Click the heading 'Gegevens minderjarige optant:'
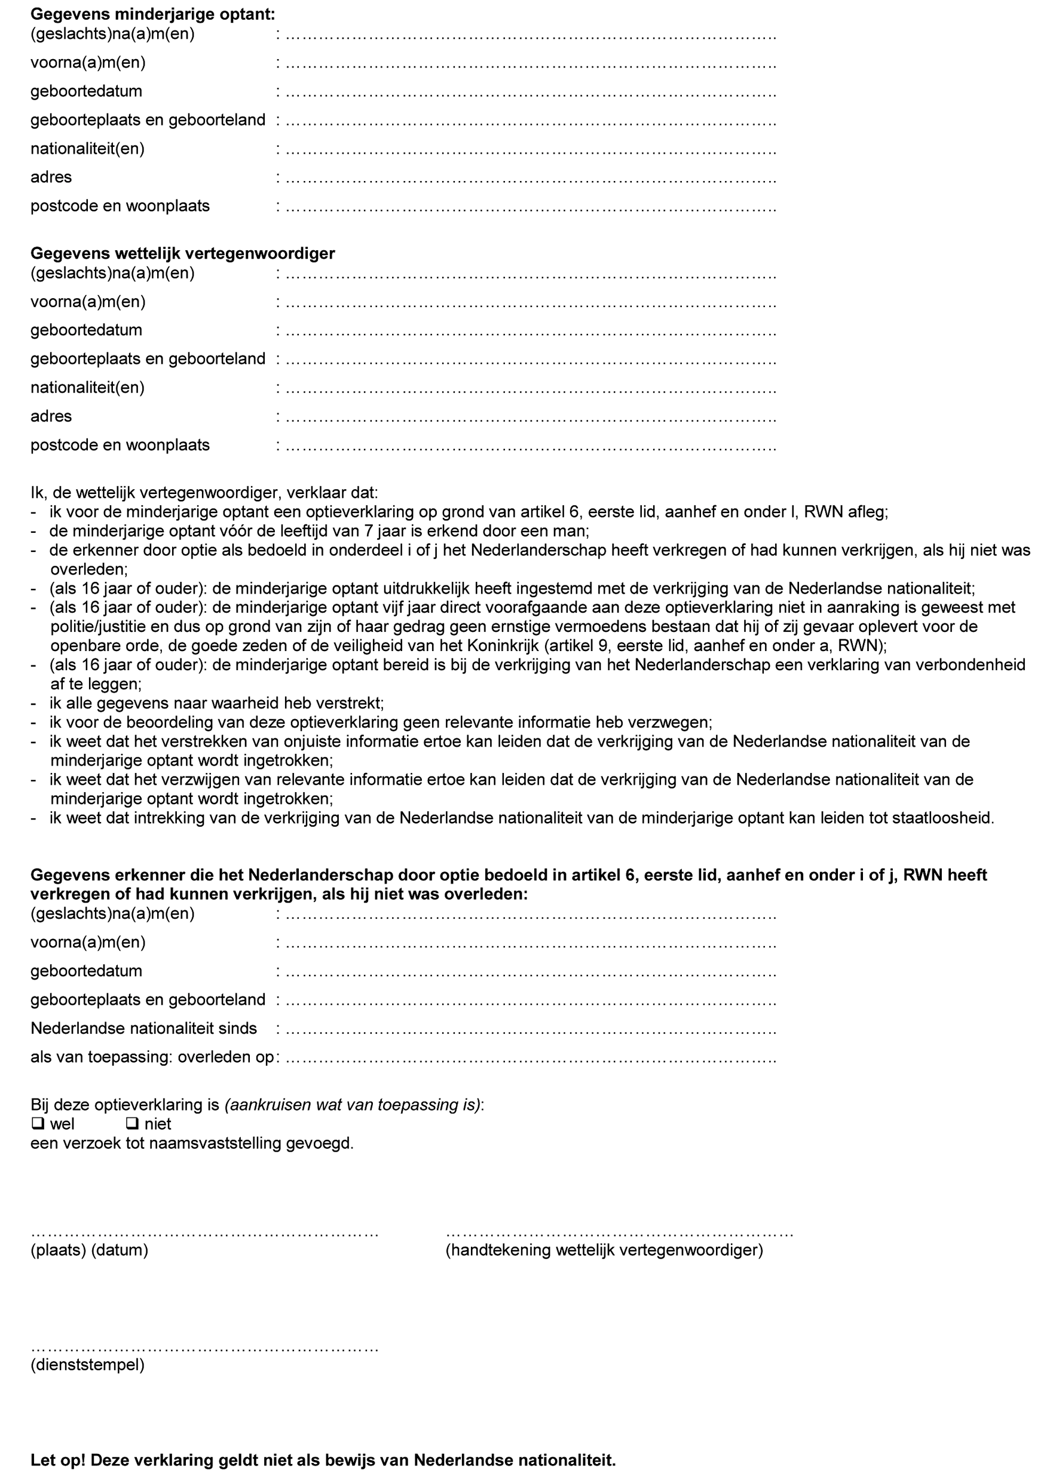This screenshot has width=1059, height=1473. pyautogui.click(x=152, y=14)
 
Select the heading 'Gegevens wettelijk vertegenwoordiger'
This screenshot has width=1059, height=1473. pyautogui.click(x=182, y=253)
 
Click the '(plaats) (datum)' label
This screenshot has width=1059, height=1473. pyautogui.click(x=89, y=1250)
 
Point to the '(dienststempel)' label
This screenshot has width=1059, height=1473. pyautogui.click(x=87, y=1364)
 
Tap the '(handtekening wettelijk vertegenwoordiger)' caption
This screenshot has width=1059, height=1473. pyautogui.click(x=604, y=1250)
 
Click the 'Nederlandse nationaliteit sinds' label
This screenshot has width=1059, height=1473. pyautogui.click(x=143, y=1029)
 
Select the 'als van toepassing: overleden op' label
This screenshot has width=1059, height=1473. pyautogui.click(x=152, y=1057)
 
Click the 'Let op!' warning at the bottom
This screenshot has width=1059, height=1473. pyautogui.click(x=323, y=1460)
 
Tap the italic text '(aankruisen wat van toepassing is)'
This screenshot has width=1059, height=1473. pyautogui.click(x=353, y=1105)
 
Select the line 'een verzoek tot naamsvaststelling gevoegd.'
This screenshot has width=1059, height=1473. pyautogui.click(x=192, y=1143)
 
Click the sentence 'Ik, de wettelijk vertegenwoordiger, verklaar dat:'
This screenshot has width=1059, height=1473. pyautogui.click(x=204, y=493)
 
